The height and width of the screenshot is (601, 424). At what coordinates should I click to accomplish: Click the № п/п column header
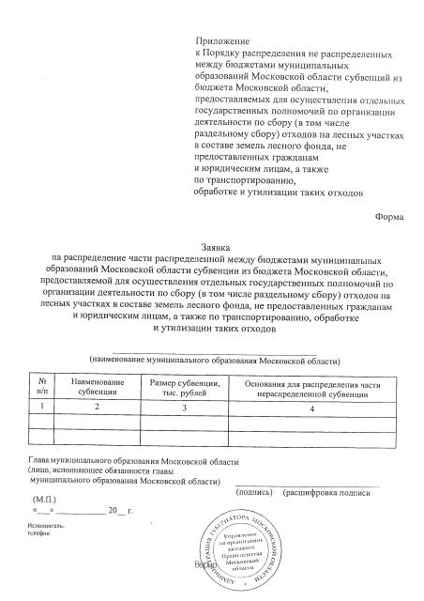[42, 386]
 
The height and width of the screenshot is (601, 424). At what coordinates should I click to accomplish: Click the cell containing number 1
[42, 407]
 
